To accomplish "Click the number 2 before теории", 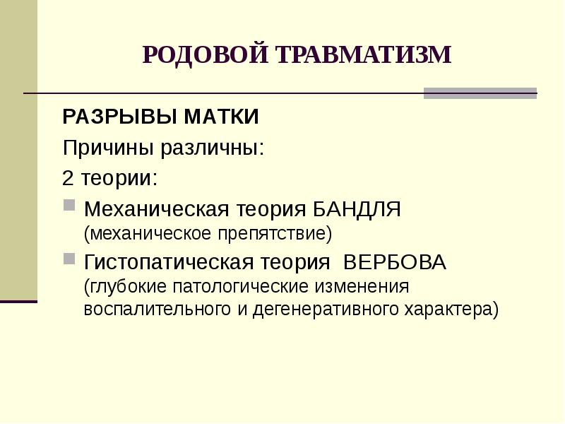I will tap(69, 177).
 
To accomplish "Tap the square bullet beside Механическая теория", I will tap(69, 206).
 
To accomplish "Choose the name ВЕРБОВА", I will tap(395, 262).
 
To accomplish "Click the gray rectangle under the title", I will tap(480, 93).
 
